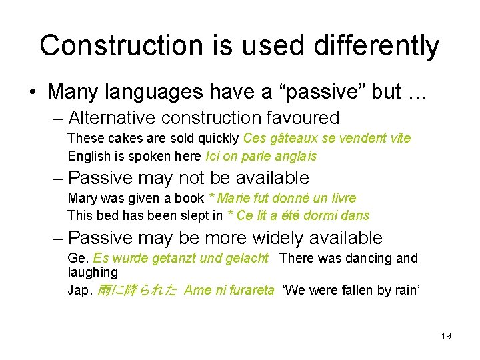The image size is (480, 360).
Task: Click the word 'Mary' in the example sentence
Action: (x=81, y=198)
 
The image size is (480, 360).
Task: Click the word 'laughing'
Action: (x=93, y=273)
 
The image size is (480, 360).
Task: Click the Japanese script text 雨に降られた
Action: (x=137, y=290)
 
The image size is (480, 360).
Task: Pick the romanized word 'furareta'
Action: (x=247, y=290)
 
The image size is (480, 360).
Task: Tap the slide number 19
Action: (x=446, y=336)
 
